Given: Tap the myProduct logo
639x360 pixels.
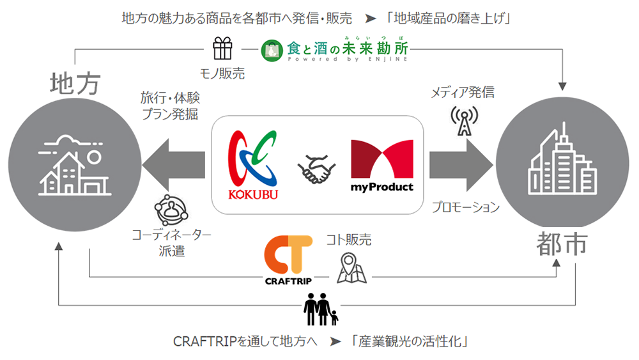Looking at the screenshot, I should (x=382, y=166).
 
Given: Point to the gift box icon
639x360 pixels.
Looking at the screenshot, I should (x=223, y=49).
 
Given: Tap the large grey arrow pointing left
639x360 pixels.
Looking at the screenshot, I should (x=174, y=166).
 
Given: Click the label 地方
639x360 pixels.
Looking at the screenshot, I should (x=76, y=84).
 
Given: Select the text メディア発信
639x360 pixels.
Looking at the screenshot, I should (x=463, y=93).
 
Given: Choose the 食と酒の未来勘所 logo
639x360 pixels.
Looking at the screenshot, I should (x=334, y=49).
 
